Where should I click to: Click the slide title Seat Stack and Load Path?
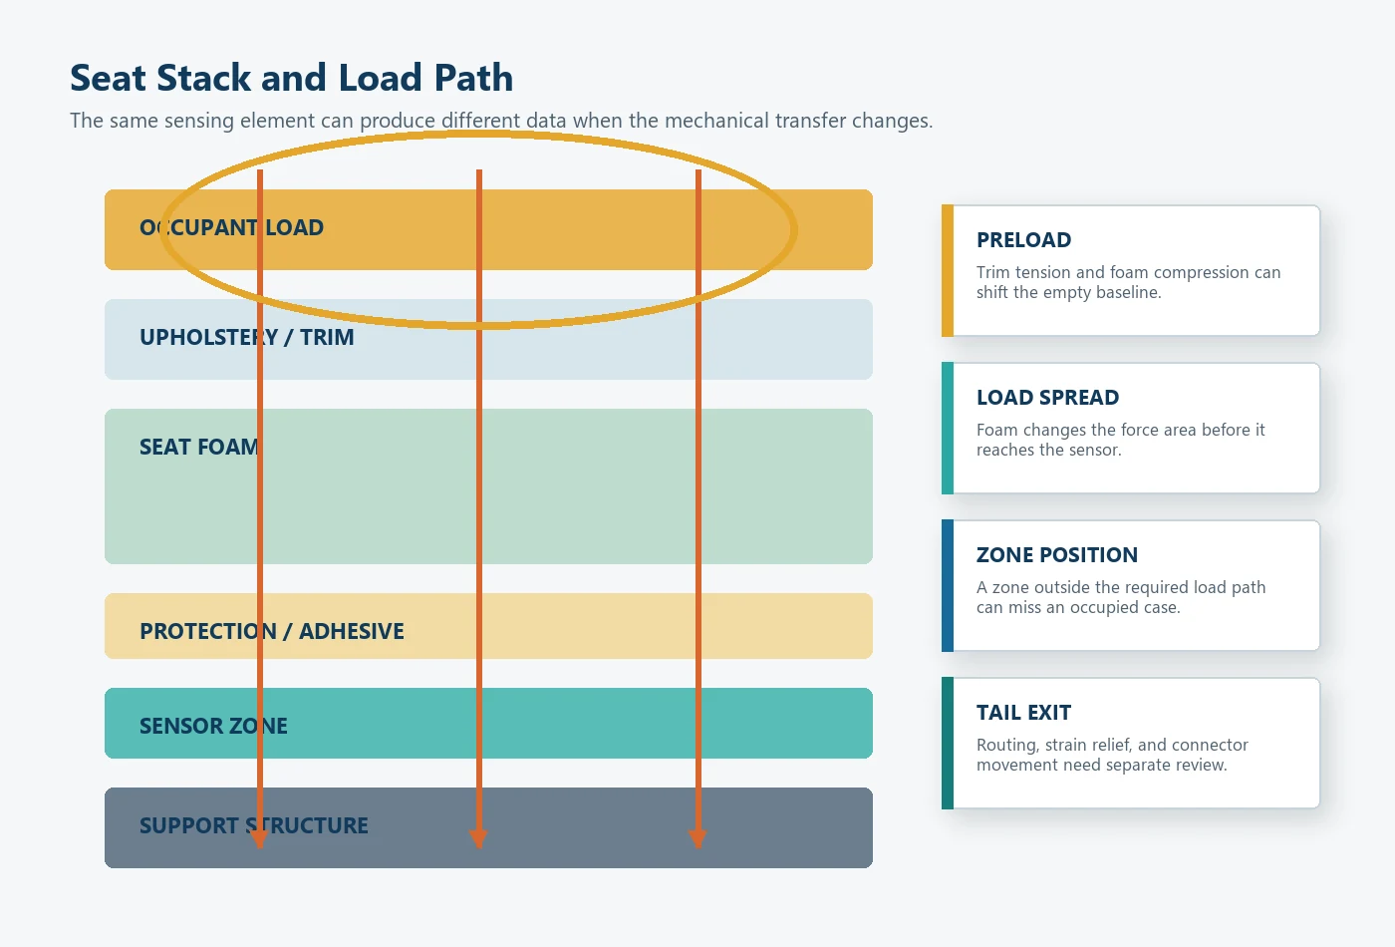(291, 78)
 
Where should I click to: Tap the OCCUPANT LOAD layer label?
(231, 227)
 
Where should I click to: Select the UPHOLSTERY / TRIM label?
(247, 337)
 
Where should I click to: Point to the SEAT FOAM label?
(198, 447)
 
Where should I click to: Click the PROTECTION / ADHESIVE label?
(271, 631)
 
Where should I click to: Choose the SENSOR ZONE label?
(213, 726)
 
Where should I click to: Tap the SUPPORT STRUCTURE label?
(253, 825)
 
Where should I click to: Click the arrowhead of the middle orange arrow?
(478, 838)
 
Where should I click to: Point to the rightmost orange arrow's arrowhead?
(697, 838)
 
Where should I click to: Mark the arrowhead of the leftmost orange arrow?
(259, 838)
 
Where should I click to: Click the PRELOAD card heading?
(1024, 240)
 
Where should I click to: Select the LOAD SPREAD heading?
(1047, 398)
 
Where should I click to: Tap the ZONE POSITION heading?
(1057, 555)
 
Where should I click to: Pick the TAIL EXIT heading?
(1024, 713)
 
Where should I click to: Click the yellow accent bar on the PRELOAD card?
(948, 270)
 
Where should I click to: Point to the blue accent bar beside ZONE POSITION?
(948, 586)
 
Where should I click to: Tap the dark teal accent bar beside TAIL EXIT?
(948, 744)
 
